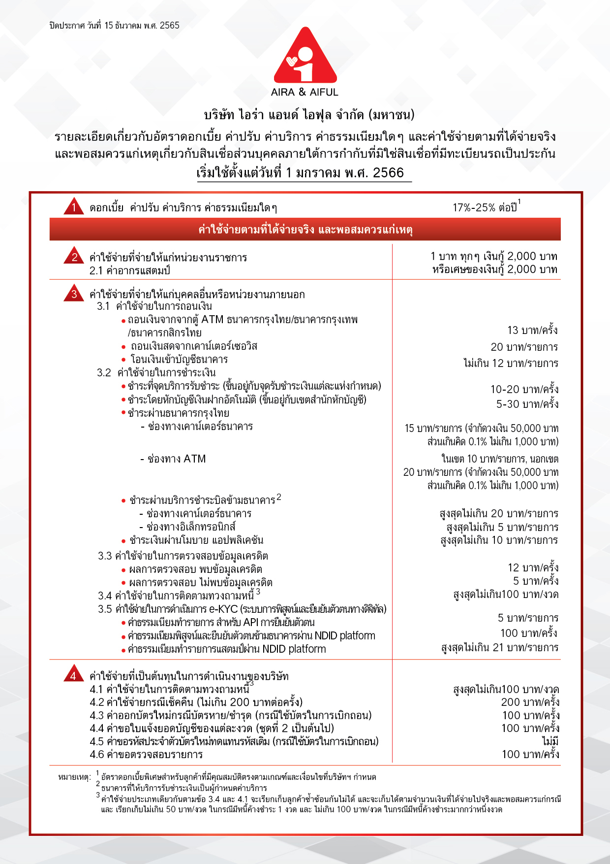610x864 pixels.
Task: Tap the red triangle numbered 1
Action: click(x=74, y=207)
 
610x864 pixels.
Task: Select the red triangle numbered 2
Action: click(x=74, y=256)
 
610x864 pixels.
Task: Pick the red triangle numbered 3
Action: click(x=74, y=294)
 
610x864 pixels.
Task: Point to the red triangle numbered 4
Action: click(x=74, y=675)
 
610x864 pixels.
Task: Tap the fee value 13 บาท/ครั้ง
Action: click(x=533, y=330)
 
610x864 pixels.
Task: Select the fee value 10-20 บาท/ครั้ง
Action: click(x=524, y=389)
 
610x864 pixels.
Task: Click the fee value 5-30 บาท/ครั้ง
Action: click(x=527, y=404)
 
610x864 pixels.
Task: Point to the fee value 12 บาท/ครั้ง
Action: click(x=533, y=567)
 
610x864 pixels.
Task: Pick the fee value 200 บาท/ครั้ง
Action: click(x=530, y=702)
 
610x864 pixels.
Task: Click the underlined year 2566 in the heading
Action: click(x=388, y=173)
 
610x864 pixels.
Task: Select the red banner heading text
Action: click(x=305, y=230)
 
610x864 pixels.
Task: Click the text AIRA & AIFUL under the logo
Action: click(x=305, y=92)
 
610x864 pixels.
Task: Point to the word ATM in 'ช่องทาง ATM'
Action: click(x=195, y=459)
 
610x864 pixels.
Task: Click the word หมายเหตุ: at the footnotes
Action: click(x=75, y=777)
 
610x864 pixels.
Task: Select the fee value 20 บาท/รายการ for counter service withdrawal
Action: click(x=524, y=347)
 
